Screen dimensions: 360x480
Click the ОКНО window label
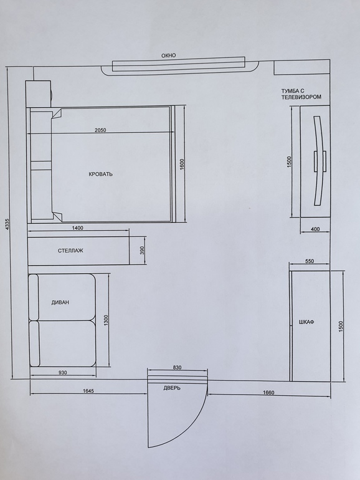point(169,55)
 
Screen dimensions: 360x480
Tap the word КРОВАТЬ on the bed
point(101,174)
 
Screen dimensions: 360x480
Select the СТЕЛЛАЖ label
point(70,251)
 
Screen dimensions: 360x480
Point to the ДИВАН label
point(60,302)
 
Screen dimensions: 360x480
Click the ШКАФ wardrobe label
point(306,322)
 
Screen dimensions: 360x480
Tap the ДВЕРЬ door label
point(172,388)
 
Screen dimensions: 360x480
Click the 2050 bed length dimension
point(100,130)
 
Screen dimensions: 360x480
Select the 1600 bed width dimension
point(182,165)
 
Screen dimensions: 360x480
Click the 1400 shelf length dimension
point(77,228)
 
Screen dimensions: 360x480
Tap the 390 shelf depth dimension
point(141,251)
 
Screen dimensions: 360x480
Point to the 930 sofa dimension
point(62,373)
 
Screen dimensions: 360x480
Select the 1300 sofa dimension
point(106,321)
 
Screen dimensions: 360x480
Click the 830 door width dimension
point(177,367)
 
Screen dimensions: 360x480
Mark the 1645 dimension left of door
point(88,391)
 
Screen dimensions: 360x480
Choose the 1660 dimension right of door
point(268,393)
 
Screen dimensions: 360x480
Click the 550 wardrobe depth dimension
point(310,261)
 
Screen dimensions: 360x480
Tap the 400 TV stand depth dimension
point(315,229)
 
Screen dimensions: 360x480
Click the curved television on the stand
point(320,161)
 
